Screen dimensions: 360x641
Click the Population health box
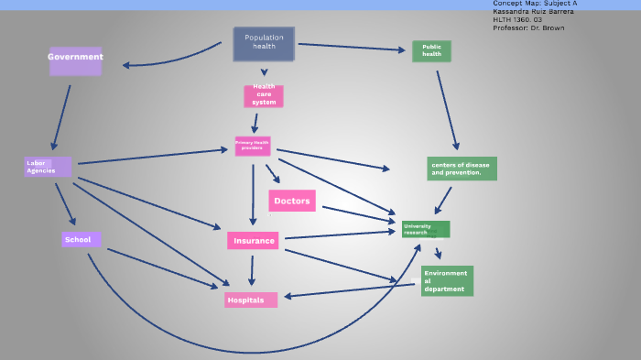tap(264, 44)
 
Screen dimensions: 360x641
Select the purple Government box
tap(75, 61)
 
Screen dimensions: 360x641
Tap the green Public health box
tap(431, 51)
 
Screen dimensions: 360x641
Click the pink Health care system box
tap(264, 96)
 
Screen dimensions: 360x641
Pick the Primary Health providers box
tap(253, 146)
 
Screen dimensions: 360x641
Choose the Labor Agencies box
tap(48, 167)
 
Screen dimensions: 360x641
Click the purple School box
tap(81, 240)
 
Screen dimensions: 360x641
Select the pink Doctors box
tap(292, 201)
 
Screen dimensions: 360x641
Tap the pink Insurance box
tap(253, 241)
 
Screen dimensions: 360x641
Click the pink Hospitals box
tap(250, 300)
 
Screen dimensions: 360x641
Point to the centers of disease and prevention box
tap(462, 169)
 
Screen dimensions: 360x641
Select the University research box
tap(426, 229)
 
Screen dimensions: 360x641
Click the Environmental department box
tap(447, 281)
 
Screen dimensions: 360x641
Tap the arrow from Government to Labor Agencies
tap(61, 114)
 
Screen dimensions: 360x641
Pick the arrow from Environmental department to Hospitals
tap(353, 290)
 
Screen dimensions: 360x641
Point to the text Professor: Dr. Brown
tap(528, 27)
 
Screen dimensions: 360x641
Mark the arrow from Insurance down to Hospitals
tap(252, 270)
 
